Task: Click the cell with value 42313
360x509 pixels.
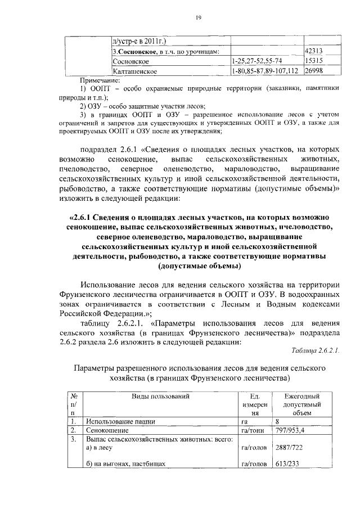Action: pyautogui.click(x=314, y=51)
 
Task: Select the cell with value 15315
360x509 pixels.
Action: pyautogui.click(x=314, y=61)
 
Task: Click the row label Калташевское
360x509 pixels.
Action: pyautogui.click(x=138, y=71)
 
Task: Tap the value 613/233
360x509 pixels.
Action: pyautogui.click(x=288, y=465)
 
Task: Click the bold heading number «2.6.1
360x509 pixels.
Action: pyautogui.click(x=80, y=217)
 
